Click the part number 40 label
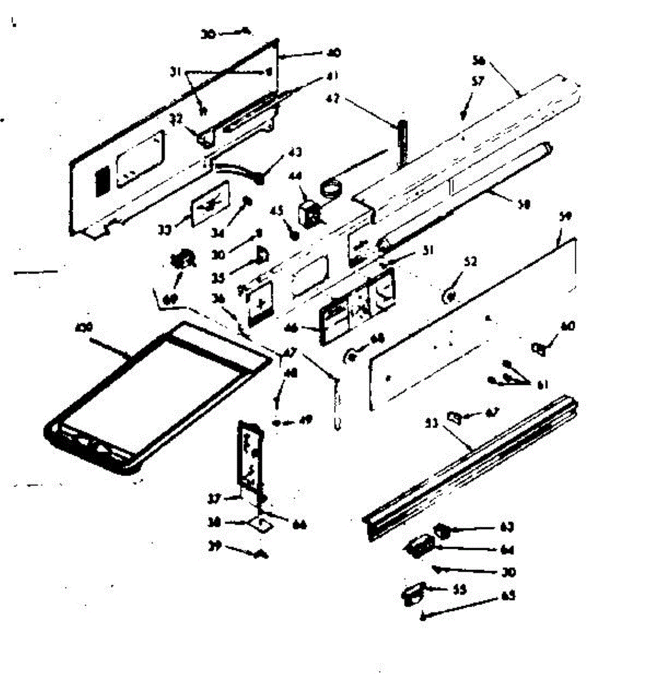pos(334,54)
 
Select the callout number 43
pos(294,152)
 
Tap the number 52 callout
pos(470,262)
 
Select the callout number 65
pos(508,595)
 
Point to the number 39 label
pos(214,545)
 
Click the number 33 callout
pos(164,230)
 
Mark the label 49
pos(307,419)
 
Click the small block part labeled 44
pos(309,215)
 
